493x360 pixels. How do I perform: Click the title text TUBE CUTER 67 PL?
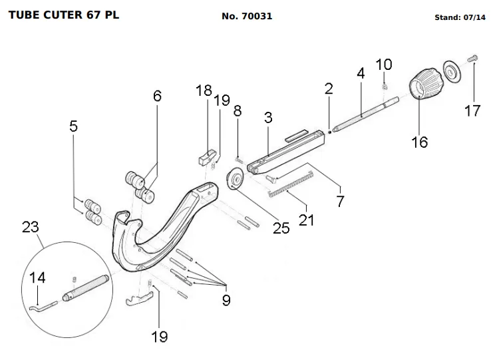pos(64,15)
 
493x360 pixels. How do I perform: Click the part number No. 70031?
pos(247,16)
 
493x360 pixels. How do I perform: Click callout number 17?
pos(472,111)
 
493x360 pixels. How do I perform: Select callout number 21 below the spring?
pos(306,219)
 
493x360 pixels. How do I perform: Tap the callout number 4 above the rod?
pos(361,74)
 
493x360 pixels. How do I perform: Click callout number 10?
pos(384,65)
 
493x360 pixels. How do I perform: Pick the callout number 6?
pos(157,96)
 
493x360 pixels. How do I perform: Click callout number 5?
pos(73,126)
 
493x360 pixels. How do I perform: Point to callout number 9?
pos(226,300)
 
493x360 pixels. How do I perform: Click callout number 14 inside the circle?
pos(39,277)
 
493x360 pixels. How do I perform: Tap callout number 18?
pos(204,90)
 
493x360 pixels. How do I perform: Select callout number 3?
pos(268,118)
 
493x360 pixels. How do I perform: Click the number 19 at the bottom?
pos(160,337)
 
